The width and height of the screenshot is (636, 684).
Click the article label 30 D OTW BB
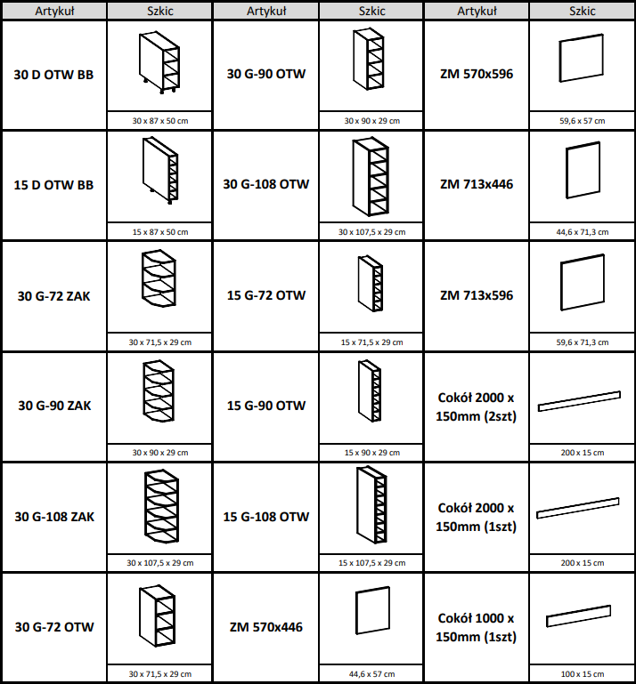coord(53,75)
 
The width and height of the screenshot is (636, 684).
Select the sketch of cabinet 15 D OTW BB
coord(160,170)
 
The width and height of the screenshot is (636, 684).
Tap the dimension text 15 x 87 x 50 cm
coord(160,232)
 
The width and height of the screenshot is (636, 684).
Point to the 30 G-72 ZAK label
coord(53,296)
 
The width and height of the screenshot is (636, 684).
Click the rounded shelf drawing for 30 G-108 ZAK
coord(161,506)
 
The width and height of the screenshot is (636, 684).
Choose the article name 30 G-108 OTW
coord(266,184)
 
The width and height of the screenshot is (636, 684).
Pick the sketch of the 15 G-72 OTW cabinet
coord(371,284)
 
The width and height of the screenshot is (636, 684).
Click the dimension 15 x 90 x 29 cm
coord(372,453)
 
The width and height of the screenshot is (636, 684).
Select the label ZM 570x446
coord(266,627)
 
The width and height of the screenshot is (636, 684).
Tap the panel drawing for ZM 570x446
coord(372,610)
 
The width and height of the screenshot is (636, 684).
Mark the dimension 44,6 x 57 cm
coord(372,674)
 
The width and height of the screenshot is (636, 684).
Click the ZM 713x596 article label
coord(477,295)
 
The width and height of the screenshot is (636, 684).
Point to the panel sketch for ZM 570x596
coord(582,58)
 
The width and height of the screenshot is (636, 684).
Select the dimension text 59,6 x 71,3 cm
coord(583,342)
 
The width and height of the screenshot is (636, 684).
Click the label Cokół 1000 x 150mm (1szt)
coord(477,627)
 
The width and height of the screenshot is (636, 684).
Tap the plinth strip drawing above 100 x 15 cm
coord(578,616)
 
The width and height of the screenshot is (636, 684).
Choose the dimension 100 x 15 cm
coord(583,674)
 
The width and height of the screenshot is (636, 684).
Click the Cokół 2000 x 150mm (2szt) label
coord(477,406)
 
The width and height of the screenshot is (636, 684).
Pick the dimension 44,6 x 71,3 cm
coord(583,232)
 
